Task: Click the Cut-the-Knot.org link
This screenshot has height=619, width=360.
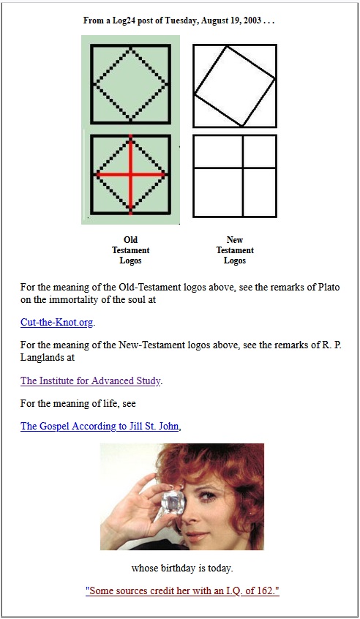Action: [x=57, y=322]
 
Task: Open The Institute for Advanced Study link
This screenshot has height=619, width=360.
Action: [x=91, y=380]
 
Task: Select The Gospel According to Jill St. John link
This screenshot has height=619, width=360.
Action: [x=100, y=427]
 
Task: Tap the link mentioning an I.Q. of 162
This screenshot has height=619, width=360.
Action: [x=182, y=591]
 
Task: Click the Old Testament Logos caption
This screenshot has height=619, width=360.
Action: [x=131, y=250]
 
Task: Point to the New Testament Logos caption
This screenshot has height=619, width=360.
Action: [x=235, y=250]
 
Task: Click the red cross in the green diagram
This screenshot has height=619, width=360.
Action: [x=131, y=174]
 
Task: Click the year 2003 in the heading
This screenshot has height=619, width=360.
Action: [x=252, y=20]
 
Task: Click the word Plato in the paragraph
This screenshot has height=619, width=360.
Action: [x=329, y=287]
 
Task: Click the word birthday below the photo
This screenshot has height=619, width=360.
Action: [x=178, y=569]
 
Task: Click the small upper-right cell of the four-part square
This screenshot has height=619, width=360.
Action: [x=259, y=152]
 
